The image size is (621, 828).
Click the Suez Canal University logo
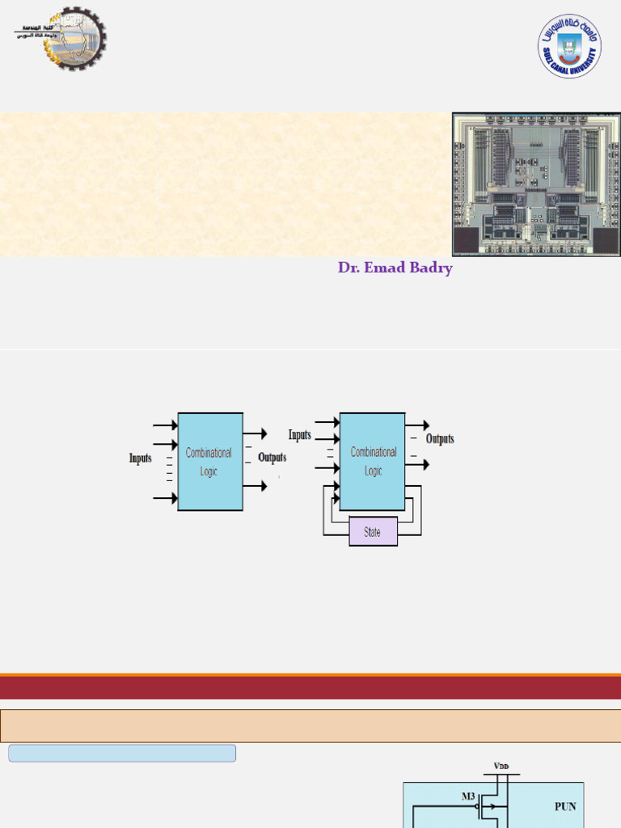pyautogui.click(x=570, y=46)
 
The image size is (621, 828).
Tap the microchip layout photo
pyautogui.click(x=536, y=185)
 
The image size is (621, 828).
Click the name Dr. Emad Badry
pyautogui.click(x=395, y=268)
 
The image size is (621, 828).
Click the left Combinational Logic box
pyautogui.click(x=210, y=462)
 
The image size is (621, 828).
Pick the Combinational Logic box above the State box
pyautogui.click(x=373, y=462)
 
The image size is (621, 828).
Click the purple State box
pyautogui.click(x=373, y=532)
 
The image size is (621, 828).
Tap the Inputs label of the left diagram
pyautogui.click(x=141, y=458)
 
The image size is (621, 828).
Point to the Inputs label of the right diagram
pyautogui.click(x=300, y=435)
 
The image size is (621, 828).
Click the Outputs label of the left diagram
pyautogui.click(x=272, y=458)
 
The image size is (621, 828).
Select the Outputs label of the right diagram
pyautogui.click(x=440, y=439)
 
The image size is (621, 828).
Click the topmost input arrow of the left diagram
pyautogui.click(x=165, y=425)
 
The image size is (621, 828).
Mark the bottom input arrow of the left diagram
pyautogui.click(x=165, y=499)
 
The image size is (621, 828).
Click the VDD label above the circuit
pyautogui.click(x=502, y=765)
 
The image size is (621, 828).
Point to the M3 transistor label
pyautogui.click(x=468, y=796)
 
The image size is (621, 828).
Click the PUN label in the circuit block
pyautogui.click(x=565, y=806)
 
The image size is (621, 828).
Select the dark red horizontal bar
pyautogui.click(x=310, y=688)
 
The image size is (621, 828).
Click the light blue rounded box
pyautogui.click(x=122, y=754)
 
